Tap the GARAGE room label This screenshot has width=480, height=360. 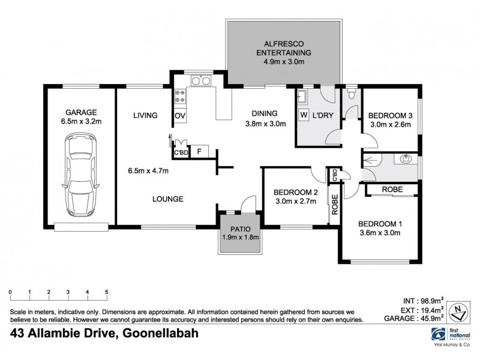81,112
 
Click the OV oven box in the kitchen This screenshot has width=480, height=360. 179,115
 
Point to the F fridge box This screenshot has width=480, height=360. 198,151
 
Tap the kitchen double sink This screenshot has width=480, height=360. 199,80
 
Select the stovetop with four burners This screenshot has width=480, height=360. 179,95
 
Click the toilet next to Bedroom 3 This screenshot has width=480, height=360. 351,94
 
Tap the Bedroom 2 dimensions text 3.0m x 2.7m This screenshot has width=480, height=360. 295,202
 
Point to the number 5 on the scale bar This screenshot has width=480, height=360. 106,292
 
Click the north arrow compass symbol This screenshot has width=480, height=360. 459,310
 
